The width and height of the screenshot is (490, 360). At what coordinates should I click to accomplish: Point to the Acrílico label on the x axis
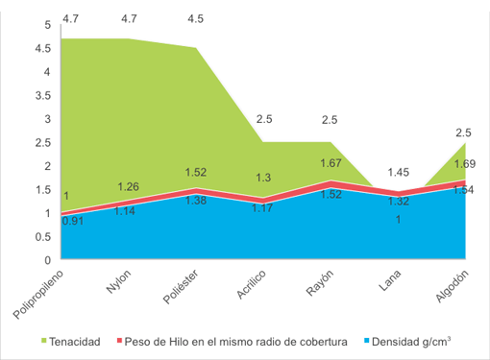[248, 286]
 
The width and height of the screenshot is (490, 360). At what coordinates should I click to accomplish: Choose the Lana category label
[389, 279]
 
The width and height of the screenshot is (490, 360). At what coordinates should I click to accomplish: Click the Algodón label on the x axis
[452, 286]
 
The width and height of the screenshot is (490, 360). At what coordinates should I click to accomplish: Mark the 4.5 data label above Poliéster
[195, 17]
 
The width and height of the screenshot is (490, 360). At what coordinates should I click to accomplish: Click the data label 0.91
[71, 221]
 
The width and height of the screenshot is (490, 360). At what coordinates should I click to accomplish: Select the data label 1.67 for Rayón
[331, 163]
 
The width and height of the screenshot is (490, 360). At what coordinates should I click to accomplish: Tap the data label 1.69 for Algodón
[464, 162]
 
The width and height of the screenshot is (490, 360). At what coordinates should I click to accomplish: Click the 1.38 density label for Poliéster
[195, 200]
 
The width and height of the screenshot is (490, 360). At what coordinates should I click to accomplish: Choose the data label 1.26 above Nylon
[129, 186]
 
